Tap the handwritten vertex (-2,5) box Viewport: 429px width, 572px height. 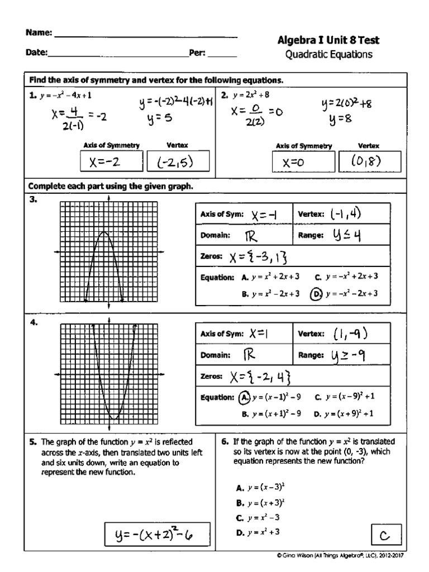point(178,162)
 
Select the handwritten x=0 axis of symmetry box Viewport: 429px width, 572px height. point(303,163)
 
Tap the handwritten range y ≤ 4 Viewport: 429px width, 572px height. point(346,236)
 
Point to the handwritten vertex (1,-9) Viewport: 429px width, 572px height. point(350,333)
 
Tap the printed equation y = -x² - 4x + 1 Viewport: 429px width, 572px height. point(65,96)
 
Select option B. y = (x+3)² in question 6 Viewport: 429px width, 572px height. point(260,502)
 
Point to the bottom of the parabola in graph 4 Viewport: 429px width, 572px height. point(115,418)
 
